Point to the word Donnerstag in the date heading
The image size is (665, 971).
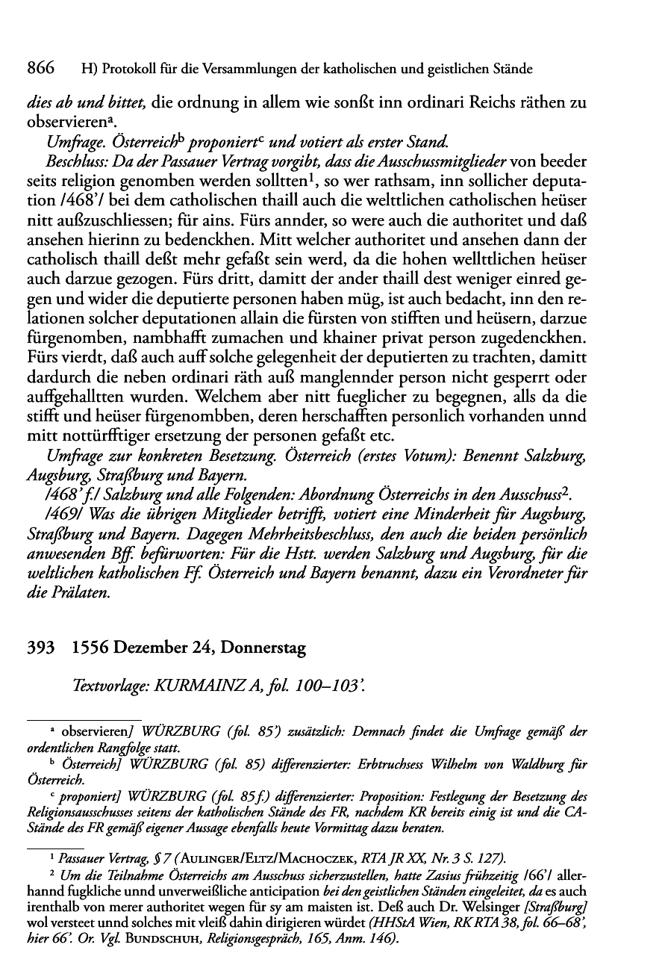pos(269,649)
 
